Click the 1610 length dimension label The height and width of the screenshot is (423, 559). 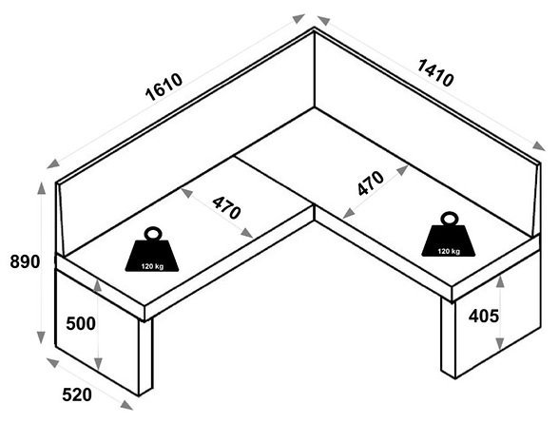(x=164, y=87)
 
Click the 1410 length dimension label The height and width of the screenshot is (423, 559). (x=435, y=73)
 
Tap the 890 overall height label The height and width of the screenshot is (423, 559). (x=25, y=262)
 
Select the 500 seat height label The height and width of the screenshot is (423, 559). (x=81, y=323)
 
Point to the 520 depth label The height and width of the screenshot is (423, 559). (x=77, y=394)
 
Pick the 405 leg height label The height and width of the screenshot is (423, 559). (x=483, y=317)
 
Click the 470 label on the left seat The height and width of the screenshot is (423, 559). (x=226, y=208)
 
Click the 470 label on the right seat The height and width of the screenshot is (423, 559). (x=371, y=183)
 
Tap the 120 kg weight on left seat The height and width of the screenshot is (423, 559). (x=152, y=249)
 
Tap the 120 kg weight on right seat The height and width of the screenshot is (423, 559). (x=449, y=234)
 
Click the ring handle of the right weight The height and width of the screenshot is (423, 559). (x=449, y=218)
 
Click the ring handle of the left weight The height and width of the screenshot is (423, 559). (x=153, y=234)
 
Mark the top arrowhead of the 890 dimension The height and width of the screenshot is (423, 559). (x=42, y=188)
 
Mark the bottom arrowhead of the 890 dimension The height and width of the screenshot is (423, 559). (x=41, y=337)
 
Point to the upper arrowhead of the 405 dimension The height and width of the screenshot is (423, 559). (x=500, y=281)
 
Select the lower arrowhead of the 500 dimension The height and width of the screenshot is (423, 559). (x=98, y=364)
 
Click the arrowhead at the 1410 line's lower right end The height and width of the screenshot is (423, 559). (x=539, y=146)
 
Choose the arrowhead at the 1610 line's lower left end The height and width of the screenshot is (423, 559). (x=53, y=163)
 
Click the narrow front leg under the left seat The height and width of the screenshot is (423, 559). (x=145, y=356)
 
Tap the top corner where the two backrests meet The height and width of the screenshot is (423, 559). (x=314, y=28)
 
